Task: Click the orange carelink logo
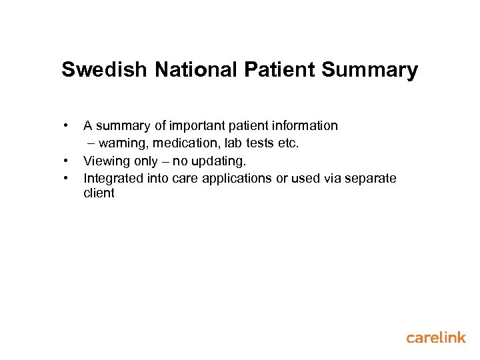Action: (436, 338)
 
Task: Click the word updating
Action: (219, 161)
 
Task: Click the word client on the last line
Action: (99, 193)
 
